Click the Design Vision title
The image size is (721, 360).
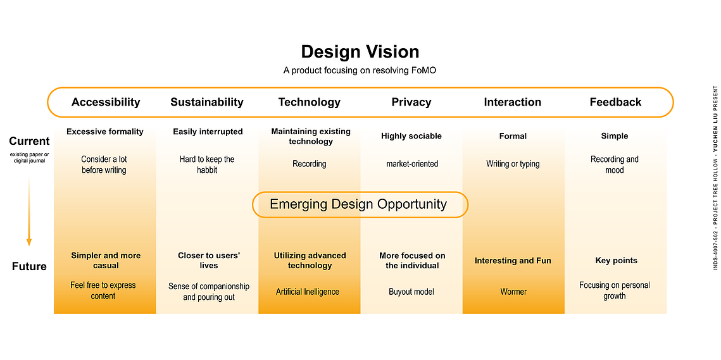(360, 51)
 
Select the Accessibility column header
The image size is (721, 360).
(106, 102)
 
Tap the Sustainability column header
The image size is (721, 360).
(207, 102)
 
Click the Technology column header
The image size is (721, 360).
(310, 102)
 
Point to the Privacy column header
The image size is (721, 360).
(411, 102)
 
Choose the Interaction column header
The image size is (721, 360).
(513, 102)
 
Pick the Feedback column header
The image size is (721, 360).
(616, 102)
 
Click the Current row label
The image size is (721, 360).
(29, 141)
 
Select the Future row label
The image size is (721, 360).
(29, 266)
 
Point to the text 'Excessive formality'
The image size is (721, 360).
(105, 132)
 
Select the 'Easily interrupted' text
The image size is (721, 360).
(208, 132)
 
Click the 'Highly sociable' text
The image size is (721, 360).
(411, 136)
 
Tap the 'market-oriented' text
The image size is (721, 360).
(413, 164)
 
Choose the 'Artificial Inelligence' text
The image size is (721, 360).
(308, 292)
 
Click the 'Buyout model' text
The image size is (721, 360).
(411, 292)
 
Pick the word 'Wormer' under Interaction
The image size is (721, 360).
(513, 292)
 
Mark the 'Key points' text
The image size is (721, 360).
(616, 261)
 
